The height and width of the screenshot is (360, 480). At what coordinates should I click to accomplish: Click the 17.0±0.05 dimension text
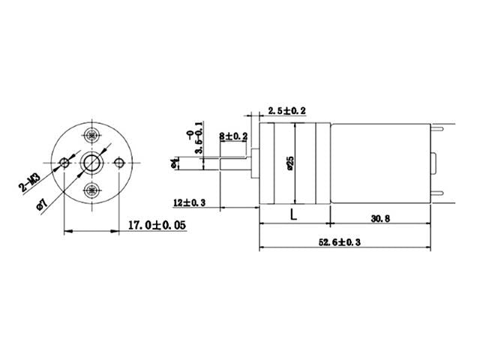click(157, 224)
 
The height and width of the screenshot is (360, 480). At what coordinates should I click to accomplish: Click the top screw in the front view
click(92, 136)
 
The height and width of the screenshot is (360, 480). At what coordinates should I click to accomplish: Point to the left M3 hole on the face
click(65, 163)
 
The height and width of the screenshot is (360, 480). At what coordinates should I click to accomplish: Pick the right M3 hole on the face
click(119, 163)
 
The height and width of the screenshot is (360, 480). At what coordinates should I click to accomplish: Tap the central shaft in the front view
click(92, 163)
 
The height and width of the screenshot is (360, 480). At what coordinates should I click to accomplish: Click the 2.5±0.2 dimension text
click(282, 111)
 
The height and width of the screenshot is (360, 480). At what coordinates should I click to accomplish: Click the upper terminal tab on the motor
click(442, 127)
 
